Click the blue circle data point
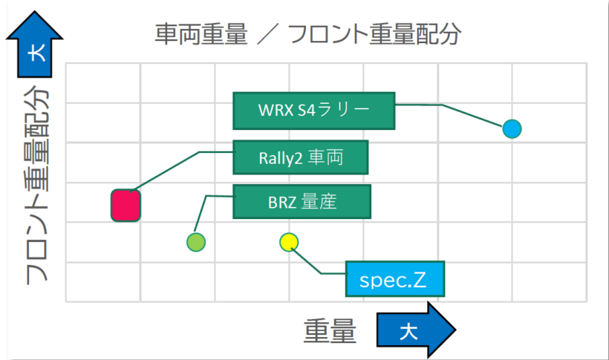click(512, 129)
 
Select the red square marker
click(126, 206)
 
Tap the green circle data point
click(196, 242)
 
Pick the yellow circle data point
click(289, 242)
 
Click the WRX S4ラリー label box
click(314, 111)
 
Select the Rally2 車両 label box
click(301, 157)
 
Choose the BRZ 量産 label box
click(302, 202)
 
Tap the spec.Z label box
click(395, 279)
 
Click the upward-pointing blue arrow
click(35, 45)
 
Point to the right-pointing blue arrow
click(417, 330)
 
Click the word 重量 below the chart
click(330, 330)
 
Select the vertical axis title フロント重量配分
click(37, 185)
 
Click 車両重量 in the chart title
click(201, 34)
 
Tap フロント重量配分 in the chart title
click(374, 34)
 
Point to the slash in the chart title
click(267, 34)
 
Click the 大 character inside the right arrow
click(408, 331)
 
